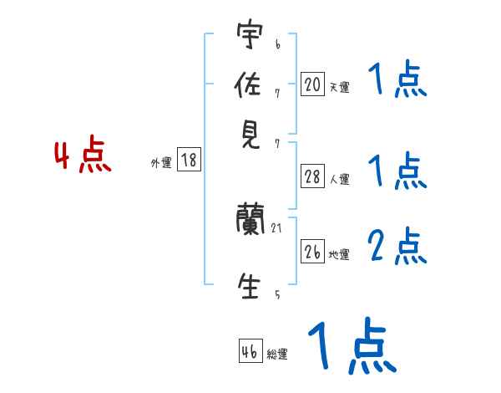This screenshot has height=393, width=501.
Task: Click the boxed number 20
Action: [x=312, y=84]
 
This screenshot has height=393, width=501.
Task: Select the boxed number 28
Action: [x=312, y=176]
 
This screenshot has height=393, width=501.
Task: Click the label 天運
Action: [x=339, y=86]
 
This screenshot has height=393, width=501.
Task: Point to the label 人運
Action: [x=339, y=179]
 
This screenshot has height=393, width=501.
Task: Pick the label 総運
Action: [x=277, y=355]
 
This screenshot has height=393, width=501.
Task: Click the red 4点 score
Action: [x=83, y=157]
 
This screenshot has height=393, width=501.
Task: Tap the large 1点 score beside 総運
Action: [x=351, y=345]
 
